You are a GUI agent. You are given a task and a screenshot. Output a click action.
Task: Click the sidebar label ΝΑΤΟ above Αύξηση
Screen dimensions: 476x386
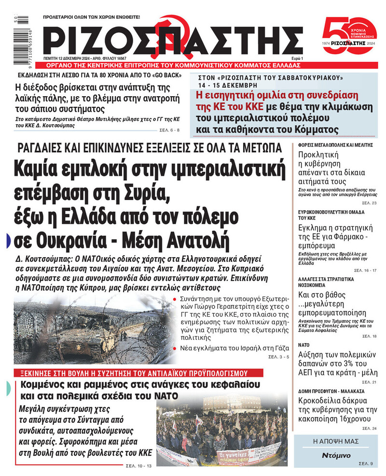click(x=303, y=346)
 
